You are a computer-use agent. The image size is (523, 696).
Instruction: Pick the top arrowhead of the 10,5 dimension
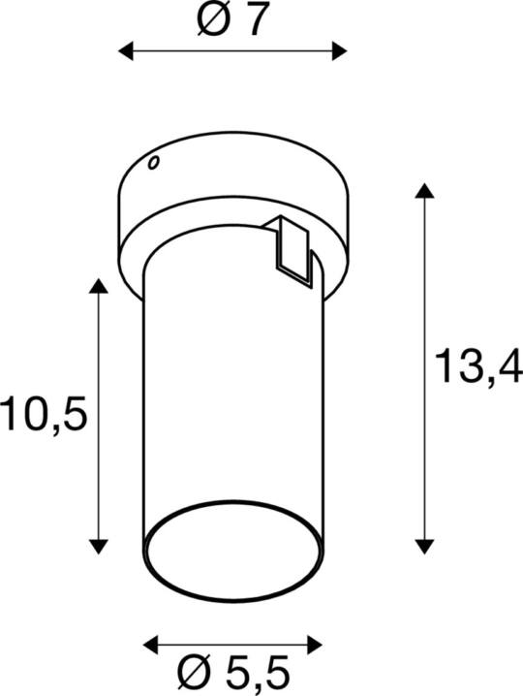click(x=98, y=287)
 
